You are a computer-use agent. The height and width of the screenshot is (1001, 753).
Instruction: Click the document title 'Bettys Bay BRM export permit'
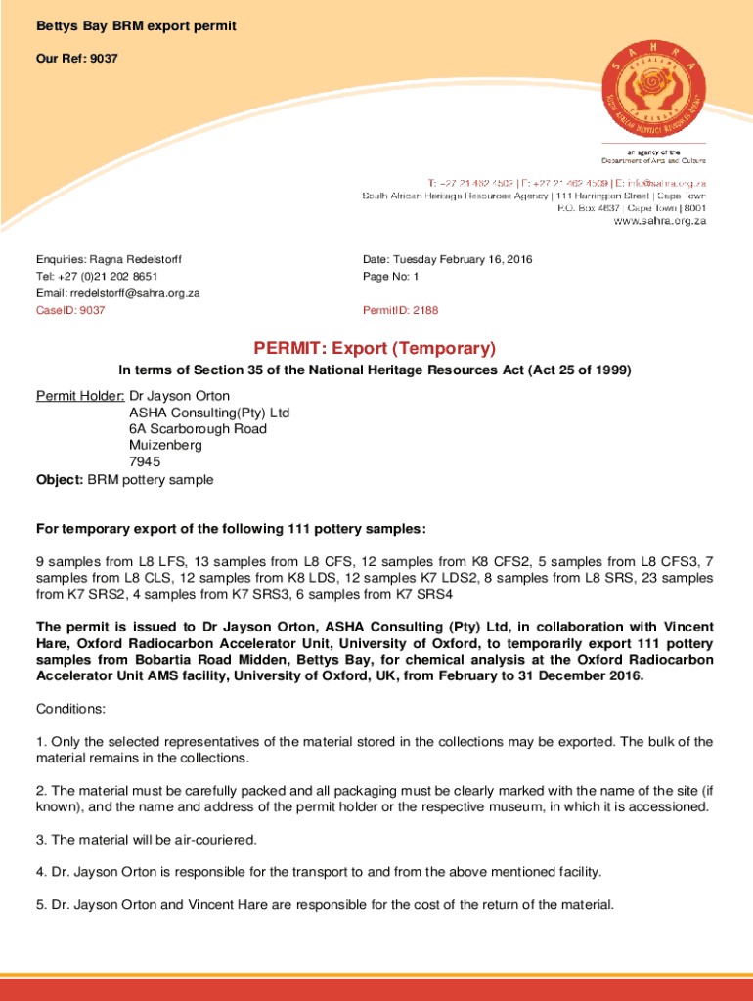coord(136,25)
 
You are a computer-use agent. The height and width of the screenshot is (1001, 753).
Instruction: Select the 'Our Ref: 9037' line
coord(77,59)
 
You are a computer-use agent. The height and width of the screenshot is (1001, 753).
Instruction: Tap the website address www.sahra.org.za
coord(659,221)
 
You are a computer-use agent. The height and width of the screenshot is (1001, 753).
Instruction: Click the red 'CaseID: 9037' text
coord(70,310)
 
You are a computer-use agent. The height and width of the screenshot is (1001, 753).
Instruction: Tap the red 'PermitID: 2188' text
coord(400,310)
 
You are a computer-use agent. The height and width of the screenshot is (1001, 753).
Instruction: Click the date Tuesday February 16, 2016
coord(464,260)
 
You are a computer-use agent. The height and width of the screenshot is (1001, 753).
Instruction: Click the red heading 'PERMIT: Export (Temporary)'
coord(376,349)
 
